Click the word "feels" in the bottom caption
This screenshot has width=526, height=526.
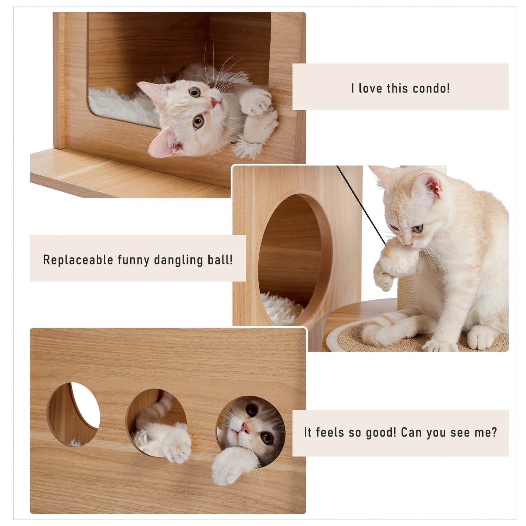(329, 432)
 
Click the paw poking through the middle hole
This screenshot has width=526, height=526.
(177, 444)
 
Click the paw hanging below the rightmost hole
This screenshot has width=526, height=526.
(229, 468)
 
